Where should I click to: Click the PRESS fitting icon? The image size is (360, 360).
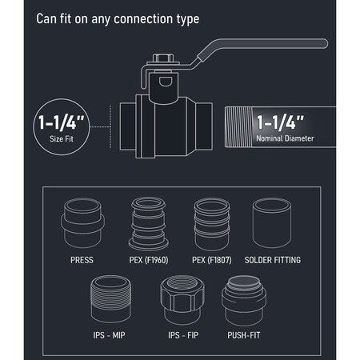click(x=82, y=223)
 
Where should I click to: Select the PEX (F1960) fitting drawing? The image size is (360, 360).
click(x=149, y=223)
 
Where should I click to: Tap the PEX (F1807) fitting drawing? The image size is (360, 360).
click(x=212, y=223)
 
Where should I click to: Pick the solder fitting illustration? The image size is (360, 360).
click(x=272, y=223)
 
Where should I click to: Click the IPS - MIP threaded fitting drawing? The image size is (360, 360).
click(x=110, y=299)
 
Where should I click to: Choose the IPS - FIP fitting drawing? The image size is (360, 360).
click(x=182, y=300)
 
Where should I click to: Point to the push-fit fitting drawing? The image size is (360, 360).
click(x=244, y=300)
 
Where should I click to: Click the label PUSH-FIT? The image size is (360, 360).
click(x=244, y=335)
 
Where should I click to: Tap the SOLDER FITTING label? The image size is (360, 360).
click(x=273, y=260)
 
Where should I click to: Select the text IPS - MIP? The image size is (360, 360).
click(x=109, y=335)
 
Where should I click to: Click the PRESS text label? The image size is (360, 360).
click(x=82, y=260)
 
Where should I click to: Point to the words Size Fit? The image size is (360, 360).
click(x=62, y=138)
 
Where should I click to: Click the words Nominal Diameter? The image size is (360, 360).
click(x=285, y=138)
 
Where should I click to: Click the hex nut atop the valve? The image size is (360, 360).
click(x=163, y=58)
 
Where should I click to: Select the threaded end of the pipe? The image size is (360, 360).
click(x=238, y=127)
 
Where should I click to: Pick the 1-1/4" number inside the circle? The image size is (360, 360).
click(x=62, y=122)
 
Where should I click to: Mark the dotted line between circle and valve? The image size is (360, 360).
click(x=100, y=126)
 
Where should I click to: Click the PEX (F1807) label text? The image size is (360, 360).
click(x=212, y=260)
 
